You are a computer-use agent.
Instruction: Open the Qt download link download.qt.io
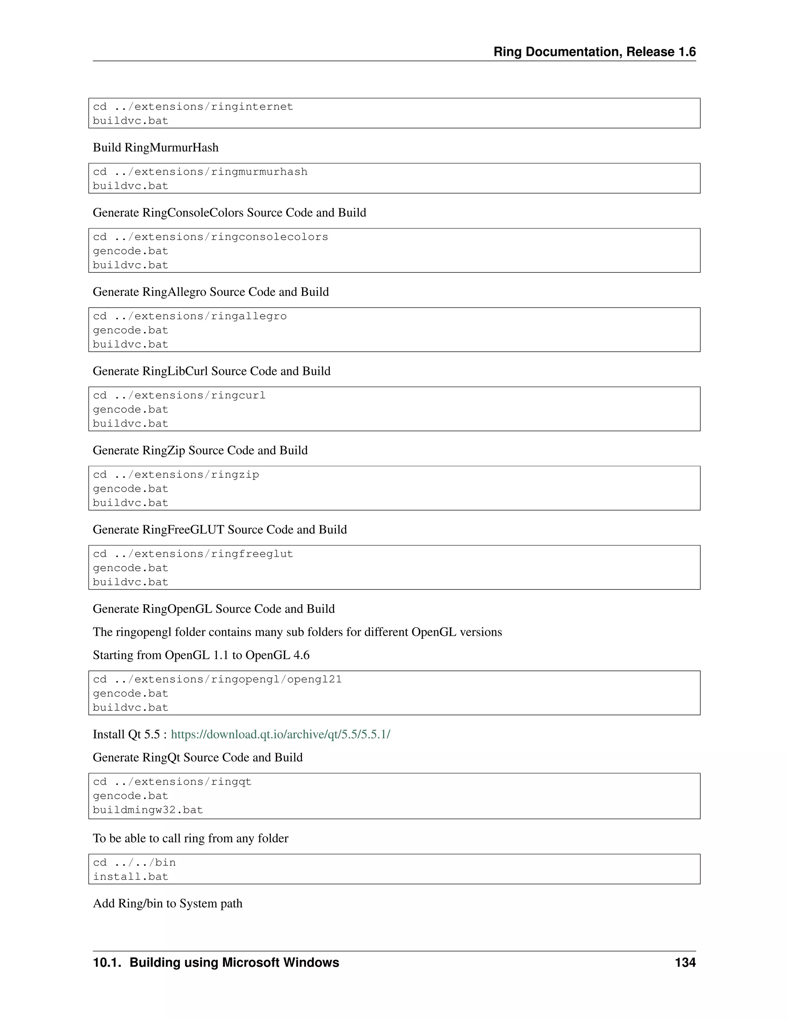coord(280,734)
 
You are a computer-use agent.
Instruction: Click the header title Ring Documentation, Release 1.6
coord(594,52)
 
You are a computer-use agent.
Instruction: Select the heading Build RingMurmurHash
coord(156,148)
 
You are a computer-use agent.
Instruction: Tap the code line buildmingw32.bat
coord(148,810)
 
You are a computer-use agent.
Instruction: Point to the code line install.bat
coord(131,877)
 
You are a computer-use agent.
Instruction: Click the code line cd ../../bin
coord(134,863)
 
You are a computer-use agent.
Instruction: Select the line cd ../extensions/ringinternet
coord(193,107)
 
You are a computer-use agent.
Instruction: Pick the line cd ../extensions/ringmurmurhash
coord(200,172)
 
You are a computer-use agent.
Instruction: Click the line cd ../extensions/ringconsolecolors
coord(210,237)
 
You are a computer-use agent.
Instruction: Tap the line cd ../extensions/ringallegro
coord(190,316)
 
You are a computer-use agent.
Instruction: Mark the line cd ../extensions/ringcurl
coord(179,396)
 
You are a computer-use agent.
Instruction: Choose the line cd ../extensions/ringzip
coord(176,475)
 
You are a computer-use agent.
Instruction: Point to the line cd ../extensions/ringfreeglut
coord(193,554)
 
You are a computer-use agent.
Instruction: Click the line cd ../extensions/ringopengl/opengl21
coord(217,680)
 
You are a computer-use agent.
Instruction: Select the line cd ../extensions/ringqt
coord(172,782)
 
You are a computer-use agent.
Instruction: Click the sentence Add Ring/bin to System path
coord(167,903)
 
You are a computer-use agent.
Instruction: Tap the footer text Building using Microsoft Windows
coord(234,962)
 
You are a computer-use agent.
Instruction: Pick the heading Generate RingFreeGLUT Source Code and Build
coord(220,530)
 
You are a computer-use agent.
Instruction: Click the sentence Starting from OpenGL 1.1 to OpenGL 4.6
coord(201,655)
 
